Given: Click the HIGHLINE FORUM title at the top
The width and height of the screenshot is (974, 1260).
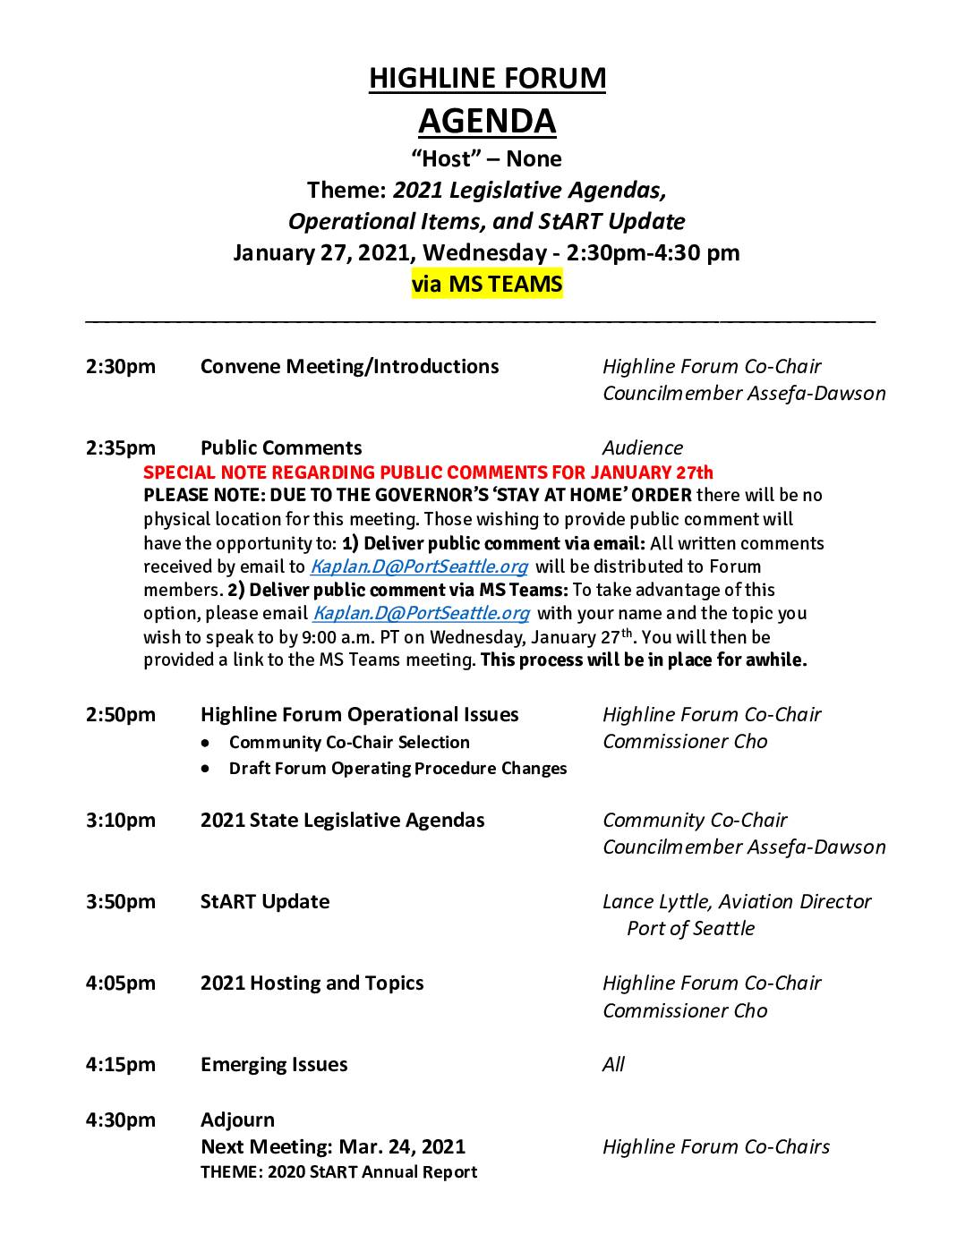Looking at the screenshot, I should [487, 79].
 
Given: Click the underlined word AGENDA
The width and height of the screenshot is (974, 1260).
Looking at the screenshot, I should [487, 121].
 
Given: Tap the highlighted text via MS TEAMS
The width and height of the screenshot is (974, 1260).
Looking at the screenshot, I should [487, 285].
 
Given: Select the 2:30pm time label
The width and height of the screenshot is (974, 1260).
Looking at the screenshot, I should [121, 367].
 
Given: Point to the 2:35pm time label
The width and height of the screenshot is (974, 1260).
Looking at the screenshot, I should [121, 448].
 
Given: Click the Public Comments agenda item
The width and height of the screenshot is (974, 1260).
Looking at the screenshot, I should [281, 448].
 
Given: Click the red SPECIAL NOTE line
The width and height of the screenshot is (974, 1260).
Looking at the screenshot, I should [428, 472].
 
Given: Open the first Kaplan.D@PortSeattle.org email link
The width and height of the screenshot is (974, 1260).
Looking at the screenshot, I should [419, 566].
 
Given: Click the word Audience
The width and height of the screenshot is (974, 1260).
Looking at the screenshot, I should [642, 448].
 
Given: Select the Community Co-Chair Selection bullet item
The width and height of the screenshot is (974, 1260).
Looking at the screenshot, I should [349, 743].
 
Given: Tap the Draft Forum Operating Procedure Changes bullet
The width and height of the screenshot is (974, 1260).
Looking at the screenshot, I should [397, 769].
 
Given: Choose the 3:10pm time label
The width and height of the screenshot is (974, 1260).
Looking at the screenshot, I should [121, 821].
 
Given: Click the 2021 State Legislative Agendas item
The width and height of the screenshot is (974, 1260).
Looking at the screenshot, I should [342, 821].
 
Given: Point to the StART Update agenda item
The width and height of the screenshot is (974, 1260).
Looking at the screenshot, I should [265, 902].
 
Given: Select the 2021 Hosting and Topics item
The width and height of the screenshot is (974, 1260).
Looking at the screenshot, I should [312, 983].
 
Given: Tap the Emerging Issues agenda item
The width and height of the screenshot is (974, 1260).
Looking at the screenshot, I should [274, 1065].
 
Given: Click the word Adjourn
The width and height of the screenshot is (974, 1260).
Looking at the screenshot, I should [237, 1120].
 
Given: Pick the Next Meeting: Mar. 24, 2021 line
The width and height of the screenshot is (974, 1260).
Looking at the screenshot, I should [333, 1147].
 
